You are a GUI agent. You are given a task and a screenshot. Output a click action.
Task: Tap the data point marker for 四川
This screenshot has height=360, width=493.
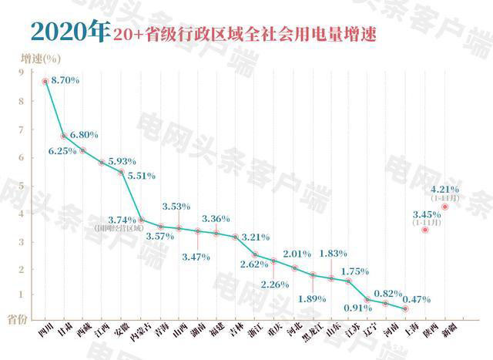pos(45,81)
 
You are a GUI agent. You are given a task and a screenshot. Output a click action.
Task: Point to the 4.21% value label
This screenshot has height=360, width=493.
pos(445,189)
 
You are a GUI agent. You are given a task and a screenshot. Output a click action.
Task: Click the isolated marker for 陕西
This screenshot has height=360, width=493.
pos(424,229)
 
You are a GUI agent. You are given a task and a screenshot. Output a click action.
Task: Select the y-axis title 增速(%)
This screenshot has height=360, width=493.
pos(40,57)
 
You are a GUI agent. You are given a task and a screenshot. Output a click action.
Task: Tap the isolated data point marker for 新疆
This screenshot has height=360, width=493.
pos(445,206)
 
